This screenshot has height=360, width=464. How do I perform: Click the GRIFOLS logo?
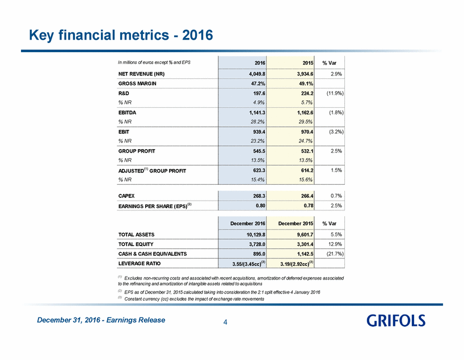[x=396, y=321]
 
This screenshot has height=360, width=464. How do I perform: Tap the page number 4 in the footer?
[x=225, y=322]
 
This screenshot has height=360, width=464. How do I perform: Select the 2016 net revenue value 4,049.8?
[x=257, y=74]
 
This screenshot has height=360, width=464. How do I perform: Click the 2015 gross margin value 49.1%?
[x=305, y=83]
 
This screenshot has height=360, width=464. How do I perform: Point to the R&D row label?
[x=124, y=93]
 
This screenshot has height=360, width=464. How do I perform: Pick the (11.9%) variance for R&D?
[x=335, y=93]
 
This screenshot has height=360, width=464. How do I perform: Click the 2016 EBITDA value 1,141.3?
[x=257, y=112]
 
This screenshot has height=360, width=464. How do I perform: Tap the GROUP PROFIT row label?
[x=137, y=151]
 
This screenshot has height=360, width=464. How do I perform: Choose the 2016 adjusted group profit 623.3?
[x=259, y=171]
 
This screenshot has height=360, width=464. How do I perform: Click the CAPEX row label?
[x=126, y=196]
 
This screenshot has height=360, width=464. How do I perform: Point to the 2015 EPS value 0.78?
[x=309, y=205]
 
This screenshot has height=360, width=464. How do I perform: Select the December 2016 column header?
[x=248, y=223]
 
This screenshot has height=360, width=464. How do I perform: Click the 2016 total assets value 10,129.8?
[x=256, y=235]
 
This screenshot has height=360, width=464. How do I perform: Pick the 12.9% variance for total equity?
[x=336, y=244]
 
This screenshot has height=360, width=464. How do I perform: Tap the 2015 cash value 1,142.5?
[x=305, y=254]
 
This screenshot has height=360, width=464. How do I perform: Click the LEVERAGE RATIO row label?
[x=140, y=263]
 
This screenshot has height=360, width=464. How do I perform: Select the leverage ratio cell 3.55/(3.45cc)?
[x=249, y=264]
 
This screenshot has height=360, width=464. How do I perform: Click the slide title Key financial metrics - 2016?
[x=121, y=35]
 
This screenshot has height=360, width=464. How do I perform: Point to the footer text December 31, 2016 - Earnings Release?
[x=101, y=320]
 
